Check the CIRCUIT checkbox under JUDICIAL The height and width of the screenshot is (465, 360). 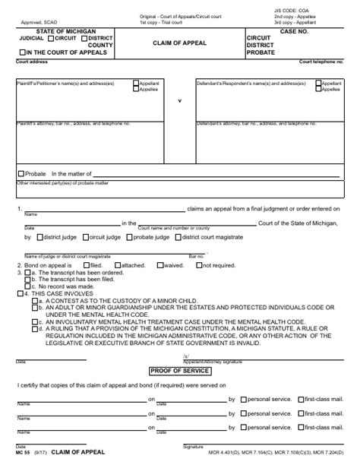click(x=50, y=37)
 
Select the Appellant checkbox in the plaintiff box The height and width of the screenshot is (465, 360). click(x=136, y=83)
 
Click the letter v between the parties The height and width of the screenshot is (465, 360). click(x=179, y=101)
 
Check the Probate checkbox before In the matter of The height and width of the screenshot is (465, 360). click(x=22, y=174)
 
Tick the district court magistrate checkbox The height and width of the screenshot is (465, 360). click(x=178, y=237)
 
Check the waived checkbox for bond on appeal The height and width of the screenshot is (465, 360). click(x=158, y=265)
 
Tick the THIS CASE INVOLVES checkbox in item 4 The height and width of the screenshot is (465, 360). click(x=21, y=293)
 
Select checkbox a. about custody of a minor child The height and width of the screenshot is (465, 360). click(x=35, y=300)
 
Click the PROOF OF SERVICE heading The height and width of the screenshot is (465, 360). click(x=179, y=370)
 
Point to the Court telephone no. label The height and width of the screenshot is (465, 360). click(x=320, y=61)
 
